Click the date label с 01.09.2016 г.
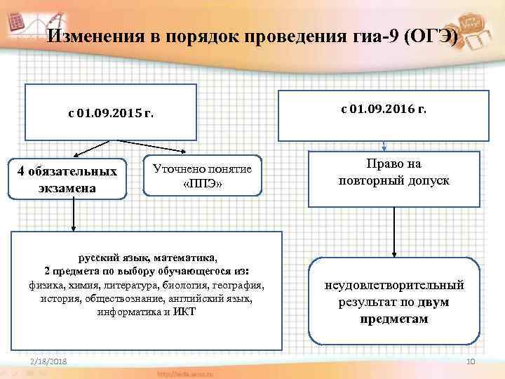tap(384, 109)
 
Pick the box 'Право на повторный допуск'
tap(393, 173)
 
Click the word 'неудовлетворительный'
tap(393, 286)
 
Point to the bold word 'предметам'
tap(393, 319)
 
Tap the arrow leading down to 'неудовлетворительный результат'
tap(393, 232)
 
